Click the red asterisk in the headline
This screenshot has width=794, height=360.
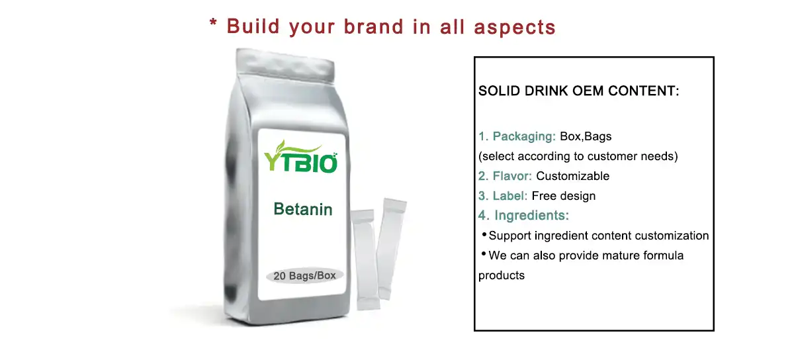click(x=213, y=24)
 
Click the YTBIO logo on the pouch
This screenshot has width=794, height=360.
click(x=301, y=160)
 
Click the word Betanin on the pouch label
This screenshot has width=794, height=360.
click(x=303, y=210)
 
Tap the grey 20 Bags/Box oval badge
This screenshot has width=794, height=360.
click(x=304, y=275)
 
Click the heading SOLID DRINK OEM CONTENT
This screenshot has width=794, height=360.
click(x=578, y=91)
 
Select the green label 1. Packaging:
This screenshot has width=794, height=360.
click(x=517, y=136)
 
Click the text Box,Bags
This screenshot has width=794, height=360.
click(x=586, y=136)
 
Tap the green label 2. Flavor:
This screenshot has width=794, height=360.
click(x=506, y=176)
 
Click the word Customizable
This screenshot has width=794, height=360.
click(x=572, y=176)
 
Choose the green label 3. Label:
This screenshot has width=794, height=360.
click(x=503, y=196)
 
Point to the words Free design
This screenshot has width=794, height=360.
click(x=564, y=196)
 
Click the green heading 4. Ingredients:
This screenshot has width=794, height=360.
click(x=523, y=216)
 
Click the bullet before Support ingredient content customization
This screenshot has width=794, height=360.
click(x=484, y=235)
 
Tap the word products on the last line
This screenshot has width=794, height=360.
click(x=501, y=275)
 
